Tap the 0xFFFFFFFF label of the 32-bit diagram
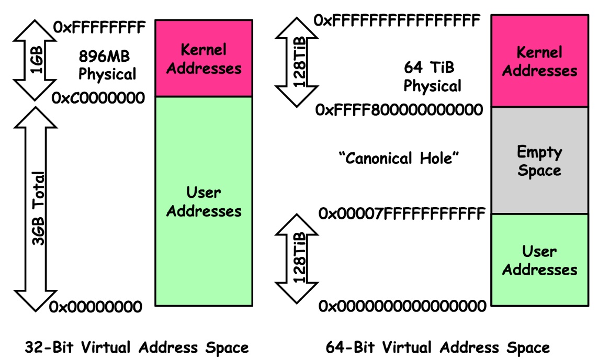click(98, 27)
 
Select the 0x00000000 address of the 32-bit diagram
click(96, 307)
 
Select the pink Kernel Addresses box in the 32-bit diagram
click(204, 59)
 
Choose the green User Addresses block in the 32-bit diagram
click(204, 201)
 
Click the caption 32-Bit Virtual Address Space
click(137, 347)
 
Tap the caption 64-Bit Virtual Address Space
click(437, 347)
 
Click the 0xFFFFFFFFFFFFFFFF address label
click(397, 20)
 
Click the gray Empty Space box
click(539, 161)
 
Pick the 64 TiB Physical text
click(432, 76)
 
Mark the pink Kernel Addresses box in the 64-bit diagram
click(539, 61)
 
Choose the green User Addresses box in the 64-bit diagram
click(539, 260)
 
